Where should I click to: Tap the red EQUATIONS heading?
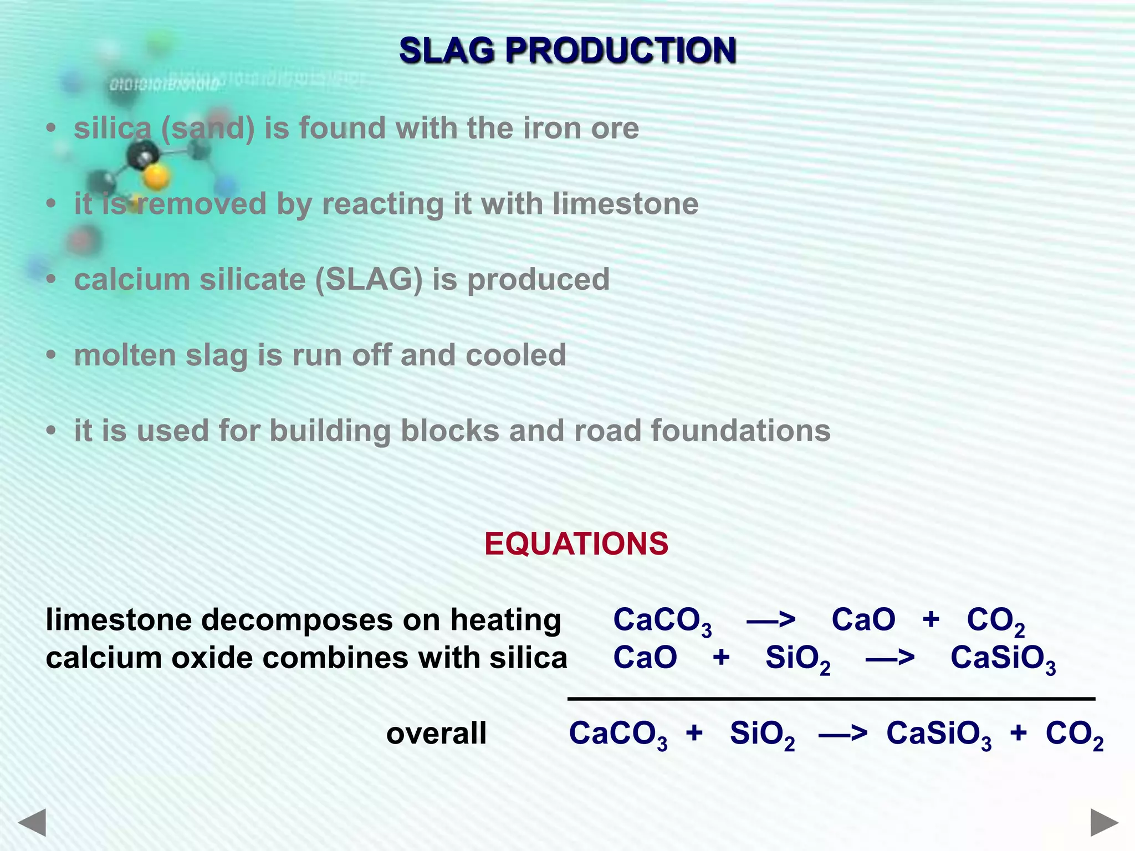(x=576, y=544)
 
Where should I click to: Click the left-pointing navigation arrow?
(x=32, y=822)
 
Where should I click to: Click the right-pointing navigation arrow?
(x=1105, y=822)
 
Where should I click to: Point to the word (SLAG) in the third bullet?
(x=369, y=279)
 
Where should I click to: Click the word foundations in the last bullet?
(x=740, y=430)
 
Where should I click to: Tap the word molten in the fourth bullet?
(x=125, y=355)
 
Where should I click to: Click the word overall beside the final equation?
(x=436, y=733)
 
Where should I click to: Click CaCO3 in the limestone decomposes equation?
(x=662, y=621)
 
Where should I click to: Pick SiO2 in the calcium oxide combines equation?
(x=797, y=659)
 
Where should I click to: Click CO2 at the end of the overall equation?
(x=1073, y=734)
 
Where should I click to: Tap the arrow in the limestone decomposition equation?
(x=771, y=619)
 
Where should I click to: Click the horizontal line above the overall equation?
(x=831, y=699)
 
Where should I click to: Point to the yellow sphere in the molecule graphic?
(x=156, y=177)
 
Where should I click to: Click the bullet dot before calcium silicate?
(x=52, y=280)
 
